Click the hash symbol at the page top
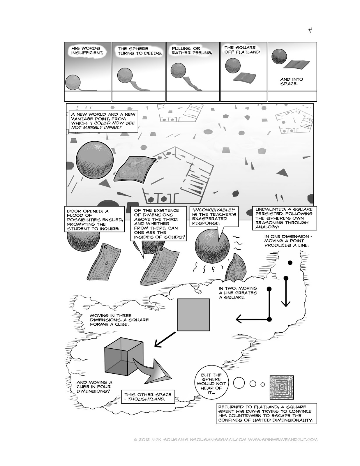[x=310, y=30]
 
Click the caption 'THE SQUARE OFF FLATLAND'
[x=242, y=50]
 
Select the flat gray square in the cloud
[x=194, y=315]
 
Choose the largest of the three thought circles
[x=239, y=383]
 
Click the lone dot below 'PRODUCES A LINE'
[x=290, y=263]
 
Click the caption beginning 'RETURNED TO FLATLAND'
[x=267, y=414]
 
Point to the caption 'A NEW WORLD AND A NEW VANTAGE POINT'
[x=103, y=121]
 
